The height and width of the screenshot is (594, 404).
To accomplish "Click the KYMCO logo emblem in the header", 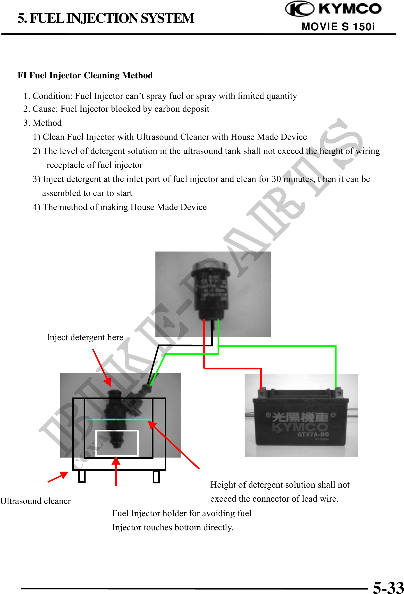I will (x=299, y=9).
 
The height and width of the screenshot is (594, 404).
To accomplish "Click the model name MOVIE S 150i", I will (x=338, y=27).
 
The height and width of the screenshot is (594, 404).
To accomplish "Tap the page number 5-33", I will (x=388, y=587).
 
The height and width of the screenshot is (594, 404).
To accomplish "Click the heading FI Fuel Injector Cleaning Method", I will (x=85, y=76).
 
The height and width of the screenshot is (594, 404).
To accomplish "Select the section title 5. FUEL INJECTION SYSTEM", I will (x=106, y=19).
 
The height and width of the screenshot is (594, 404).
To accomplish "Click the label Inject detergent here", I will (x=85, y=337).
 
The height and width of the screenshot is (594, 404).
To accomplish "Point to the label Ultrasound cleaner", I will (x=36, y=501).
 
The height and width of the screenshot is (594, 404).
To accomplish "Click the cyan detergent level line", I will (x=118, y=419).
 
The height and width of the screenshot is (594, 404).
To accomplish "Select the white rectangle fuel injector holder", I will (x=117, y=443).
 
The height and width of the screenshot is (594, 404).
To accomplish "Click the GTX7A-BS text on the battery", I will (x=313, y=435).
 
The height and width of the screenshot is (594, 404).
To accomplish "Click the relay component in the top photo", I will (x=210, y=289).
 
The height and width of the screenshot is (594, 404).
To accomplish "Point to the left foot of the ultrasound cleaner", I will (x=82, y=476).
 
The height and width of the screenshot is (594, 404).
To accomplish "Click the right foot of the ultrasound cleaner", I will (x=156, y=476).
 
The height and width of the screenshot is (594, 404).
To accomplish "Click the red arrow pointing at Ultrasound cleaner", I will (x=58, y=477).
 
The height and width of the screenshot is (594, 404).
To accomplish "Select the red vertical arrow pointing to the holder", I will (x=116, y=472).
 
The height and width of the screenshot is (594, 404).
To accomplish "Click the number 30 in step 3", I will (x=276, y=179).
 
